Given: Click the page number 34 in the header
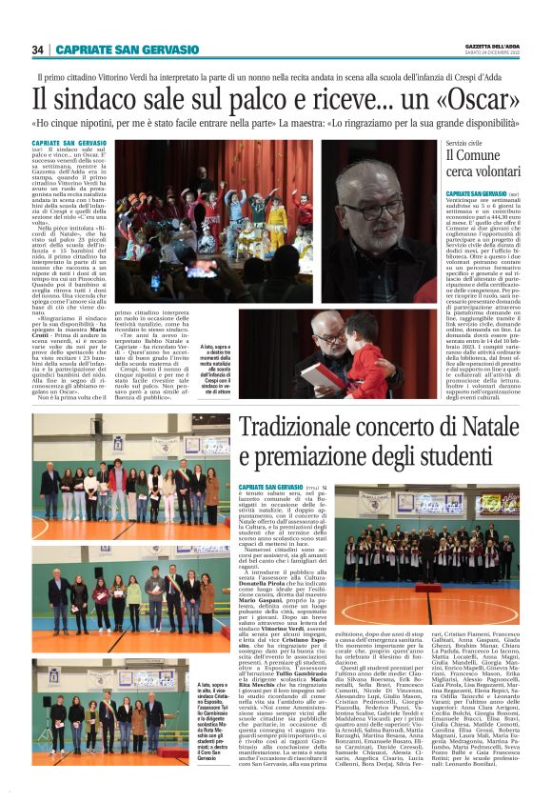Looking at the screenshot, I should pos(37,50).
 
